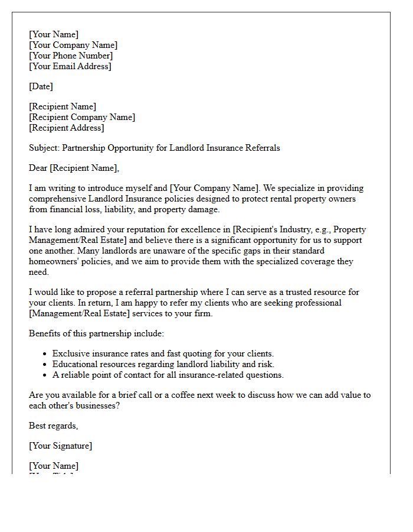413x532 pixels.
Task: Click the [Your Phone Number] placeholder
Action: click(x=71, y=56)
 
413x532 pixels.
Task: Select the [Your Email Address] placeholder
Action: click(x=70, y=66)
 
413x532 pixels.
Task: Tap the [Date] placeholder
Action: click(x=41, y=86)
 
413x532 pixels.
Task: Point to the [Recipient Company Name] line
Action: click(x=81, y=117)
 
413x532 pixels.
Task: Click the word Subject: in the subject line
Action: click(x=44, y=148)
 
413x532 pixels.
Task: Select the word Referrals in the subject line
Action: click(x=261, y=148)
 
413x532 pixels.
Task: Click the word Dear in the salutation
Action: click(x=38, y=168)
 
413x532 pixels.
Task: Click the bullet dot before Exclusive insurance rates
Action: click(x=45, y=354)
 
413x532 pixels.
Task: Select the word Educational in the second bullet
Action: click(x=74, y=364)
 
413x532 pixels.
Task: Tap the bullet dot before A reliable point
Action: click(x=45, y=375)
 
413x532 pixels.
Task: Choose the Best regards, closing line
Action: click(x=53, y=426)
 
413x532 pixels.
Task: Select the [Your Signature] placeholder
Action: click(x=60, y=446)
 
